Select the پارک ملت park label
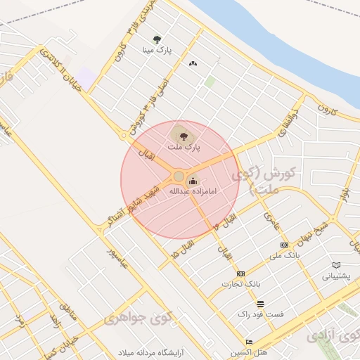click(x=184, y=147)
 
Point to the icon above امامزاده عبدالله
click(x=193, y=181)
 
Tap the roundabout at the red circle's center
click(x=179, y=176)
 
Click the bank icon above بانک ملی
click(x=284, y=245)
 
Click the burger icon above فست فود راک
click(x=261, y=304)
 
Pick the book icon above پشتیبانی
click(x=335, y=265)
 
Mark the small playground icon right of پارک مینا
click(x=193, y=63)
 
